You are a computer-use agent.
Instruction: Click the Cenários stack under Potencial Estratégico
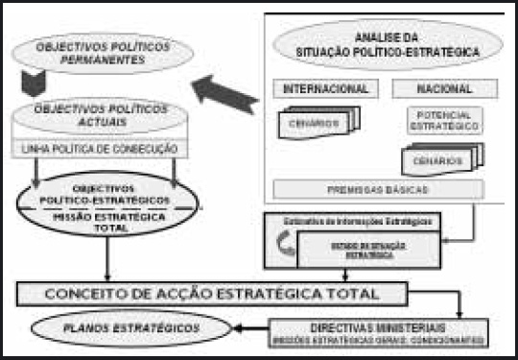click(x=441, y=159)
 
